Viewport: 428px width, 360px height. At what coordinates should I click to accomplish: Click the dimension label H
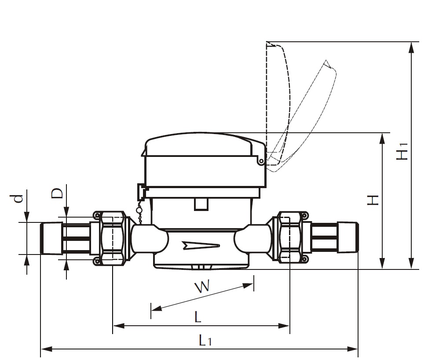(x=373, y=200)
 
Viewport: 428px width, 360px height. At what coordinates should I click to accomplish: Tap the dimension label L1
(x=205, y=340)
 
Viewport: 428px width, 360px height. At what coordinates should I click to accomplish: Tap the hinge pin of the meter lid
(x=262, y=162)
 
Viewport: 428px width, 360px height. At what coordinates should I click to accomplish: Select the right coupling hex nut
(x=290, y=237)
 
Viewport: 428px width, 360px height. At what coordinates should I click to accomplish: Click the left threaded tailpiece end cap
(x=50, y=238)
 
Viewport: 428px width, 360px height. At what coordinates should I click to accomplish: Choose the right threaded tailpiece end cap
(x=348, y=238)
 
